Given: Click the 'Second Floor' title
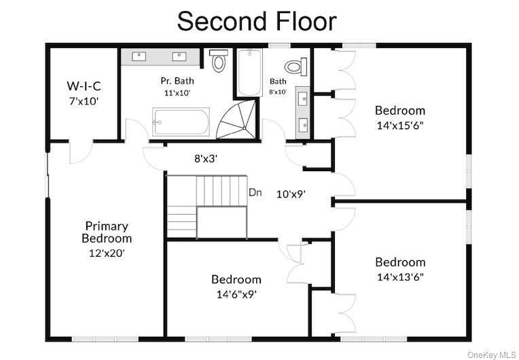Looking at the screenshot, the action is point(257,21).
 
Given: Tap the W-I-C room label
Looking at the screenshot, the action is point(84,86).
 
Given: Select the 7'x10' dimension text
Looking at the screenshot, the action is point(84,101).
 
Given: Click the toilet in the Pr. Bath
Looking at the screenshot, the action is point(219,60).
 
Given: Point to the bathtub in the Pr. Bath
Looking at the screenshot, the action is point(181,122).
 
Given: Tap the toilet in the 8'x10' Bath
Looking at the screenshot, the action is point(296,67).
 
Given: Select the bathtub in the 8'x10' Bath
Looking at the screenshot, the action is point(250,73).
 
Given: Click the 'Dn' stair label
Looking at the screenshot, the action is point(255,192).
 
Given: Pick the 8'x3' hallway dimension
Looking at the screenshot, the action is point(206,159).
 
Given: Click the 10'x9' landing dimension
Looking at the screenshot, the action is point(291,194).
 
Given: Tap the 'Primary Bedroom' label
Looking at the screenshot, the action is point(107,232).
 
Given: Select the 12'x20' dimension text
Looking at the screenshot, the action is point(107,253).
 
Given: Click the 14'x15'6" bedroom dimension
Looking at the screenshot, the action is point(400,126).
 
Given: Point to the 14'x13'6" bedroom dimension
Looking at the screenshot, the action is point(401,277).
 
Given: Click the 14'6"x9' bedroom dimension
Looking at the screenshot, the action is point(236,294).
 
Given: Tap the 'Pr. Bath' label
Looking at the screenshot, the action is point(177,81).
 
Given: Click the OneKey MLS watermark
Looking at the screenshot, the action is point(492,355).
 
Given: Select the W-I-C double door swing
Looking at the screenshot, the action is point(81,151).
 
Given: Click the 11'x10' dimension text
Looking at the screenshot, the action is point(177,93).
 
